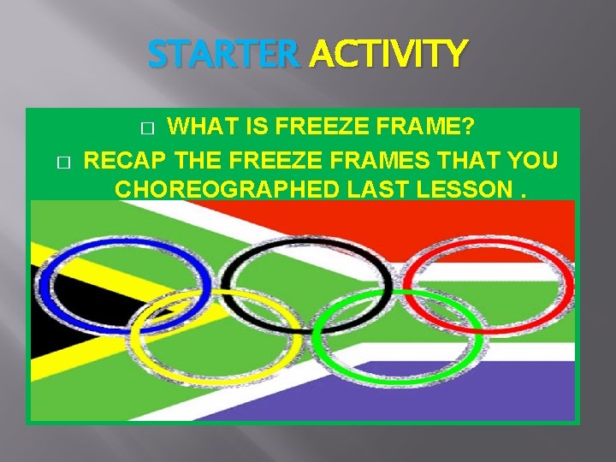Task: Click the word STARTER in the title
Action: coord(223,56)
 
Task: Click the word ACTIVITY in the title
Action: coord(388,56)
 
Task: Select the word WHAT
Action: coord(199,128)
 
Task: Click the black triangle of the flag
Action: coord(47,317)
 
